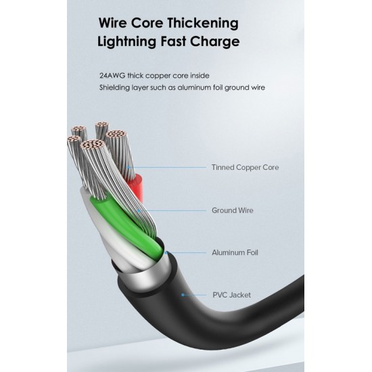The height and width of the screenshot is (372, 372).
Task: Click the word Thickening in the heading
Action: pos(203,24)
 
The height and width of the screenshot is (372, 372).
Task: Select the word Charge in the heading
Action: pos(214,42)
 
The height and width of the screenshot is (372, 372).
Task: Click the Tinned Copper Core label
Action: pos(245,167)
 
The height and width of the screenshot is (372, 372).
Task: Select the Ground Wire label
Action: pos(233,210)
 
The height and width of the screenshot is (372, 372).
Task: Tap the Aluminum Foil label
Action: pos(235,252)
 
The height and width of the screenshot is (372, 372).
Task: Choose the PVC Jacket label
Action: pos(231,295)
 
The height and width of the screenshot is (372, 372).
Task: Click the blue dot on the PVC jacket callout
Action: pos(183,295)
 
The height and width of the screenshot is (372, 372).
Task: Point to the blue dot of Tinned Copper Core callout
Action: pos(129,167)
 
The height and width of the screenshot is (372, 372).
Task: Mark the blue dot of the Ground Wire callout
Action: pos(139,210)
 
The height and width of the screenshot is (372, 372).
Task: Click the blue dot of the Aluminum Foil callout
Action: pos(166,253)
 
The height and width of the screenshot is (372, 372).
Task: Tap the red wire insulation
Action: pos(137,185)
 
